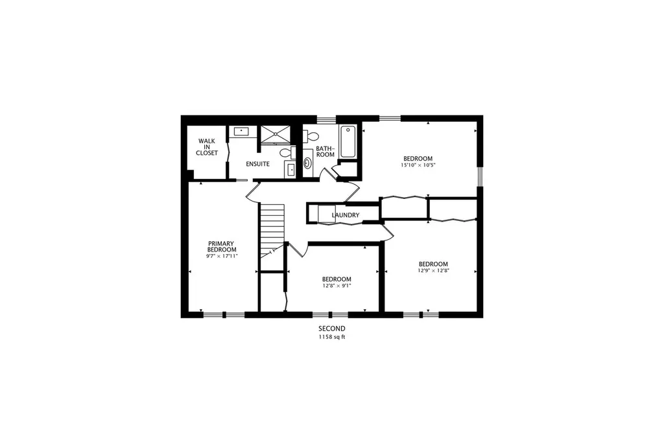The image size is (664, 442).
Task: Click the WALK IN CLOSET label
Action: click(207, 147)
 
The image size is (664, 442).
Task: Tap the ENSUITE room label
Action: click(257, 164)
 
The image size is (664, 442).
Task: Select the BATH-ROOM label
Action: click(326, 152)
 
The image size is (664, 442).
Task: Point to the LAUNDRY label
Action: click(346, 215)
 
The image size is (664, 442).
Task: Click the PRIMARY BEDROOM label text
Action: click(222, 246)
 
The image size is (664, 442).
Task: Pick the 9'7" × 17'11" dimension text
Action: click(222, 256)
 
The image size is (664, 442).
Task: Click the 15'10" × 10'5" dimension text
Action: click(418, 165)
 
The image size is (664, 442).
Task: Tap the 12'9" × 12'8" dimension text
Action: click(433, 270)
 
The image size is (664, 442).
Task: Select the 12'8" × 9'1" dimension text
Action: click(337, 285)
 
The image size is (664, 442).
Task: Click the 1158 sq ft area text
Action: click(332, 337)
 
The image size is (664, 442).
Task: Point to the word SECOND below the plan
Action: click(332, 328)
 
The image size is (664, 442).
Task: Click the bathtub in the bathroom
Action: click(348, 141)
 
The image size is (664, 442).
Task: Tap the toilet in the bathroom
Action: click(311, 136)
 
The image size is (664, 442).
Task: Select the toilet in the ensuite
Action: click(287, 152)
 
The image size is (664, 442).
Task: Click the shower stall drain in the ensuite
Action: click(276, 134)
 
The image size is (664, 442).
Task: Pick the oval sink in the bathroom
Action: click(307, 163)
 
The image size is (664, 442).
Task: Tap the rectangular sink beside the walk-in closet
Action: click(241, 132)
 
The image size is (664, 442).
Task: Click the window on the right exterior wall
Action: click(480, 176)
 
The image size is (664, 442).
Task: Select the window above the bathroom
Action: click(327, 119)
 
